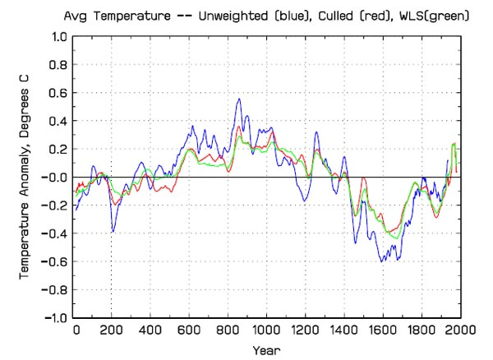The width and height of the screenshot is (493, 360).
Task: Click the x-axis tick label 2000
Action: (x=458, y=331)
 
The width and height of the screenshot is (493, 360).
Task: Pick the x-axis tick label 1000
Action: (x=266, y=331)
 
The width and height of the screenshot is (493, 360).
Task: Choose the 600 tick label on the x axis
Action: (x=190, y=331)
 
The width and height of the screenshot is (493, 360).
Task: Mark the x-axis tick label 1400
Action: (x=343, y=331)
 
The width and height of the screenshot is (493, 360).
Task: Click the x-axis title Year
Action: (x=266, y=349)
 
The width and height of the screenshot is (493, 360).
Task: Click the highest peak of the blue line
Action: (x=239, y=99)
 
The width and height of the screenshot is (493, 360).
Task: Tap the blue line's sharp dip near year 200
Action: (x=113, y=232)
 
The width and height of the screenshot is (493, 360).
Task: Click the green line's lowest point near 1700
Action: (x=399, y=238)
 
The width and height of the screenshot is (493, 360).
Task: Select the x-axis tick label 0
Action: (x=76, y=331)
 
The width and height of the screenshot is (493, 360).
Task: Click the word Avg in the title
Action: (x=76, y=14)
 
